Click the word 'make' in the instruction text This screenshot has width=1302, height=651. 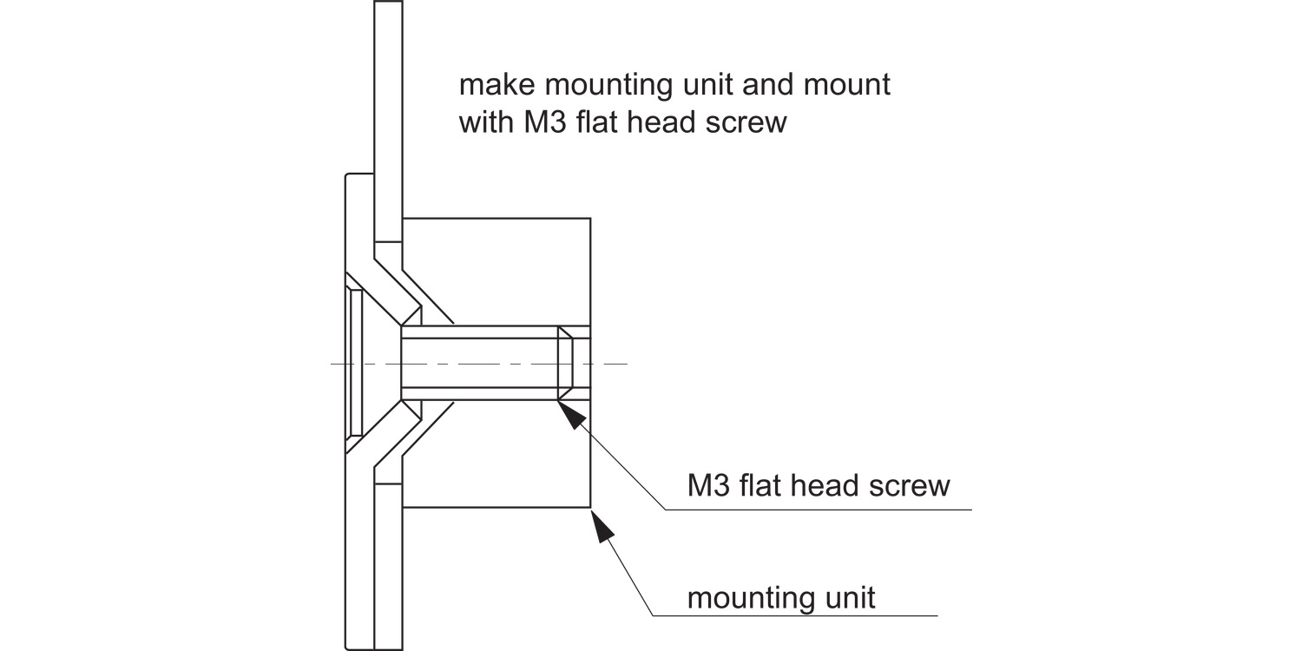496,85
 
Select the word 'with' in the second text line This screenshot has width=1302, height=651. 486,122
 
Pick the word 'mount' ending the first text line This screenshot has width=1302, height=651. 846,85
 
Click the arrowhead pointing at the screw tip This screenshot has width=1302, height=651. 571,414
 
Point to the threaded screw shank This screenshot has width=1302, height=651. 479,364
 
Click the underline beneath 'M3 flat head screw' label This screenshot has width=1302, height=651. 819,510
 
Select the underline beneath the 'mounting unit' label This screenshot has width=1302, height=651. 795,615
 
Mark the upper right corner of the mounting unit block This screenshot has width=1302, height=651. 590,219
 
